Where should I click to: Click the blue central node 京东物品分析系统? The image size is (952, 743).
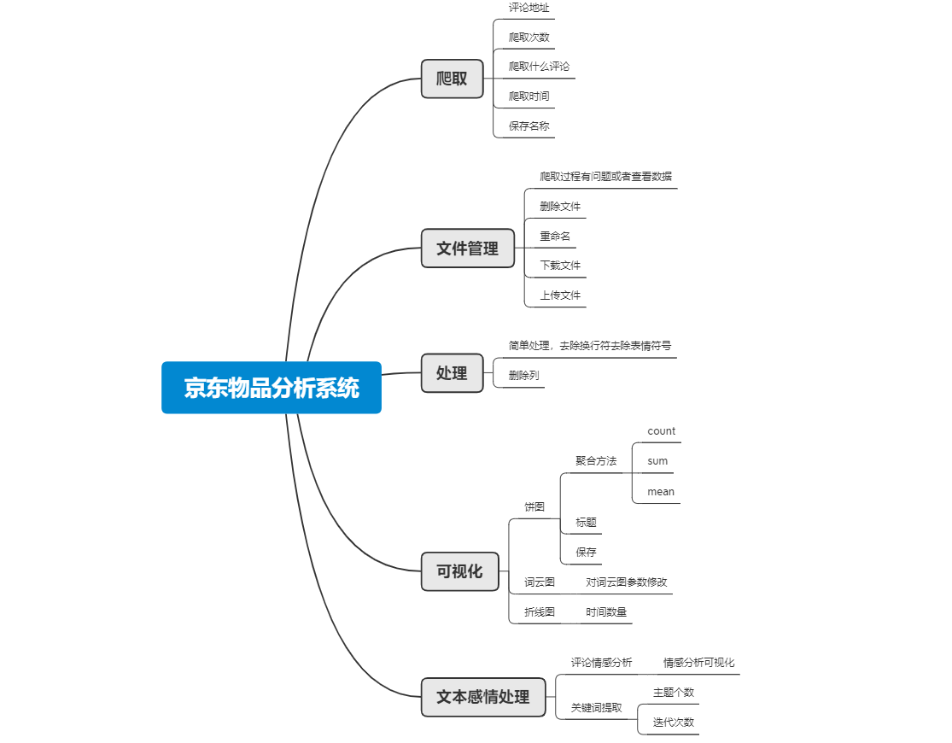pyautogui.click(x=272, y=388)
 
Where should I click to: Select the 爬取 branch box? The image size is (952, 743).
pyautogui.click(x=453, y=79)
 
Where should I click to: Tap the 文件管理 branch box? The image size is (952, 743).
pyautogui.click(x=468, y=248)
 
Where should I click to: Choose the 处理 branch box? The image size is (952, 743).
pyautogui.click(x=453, y=373)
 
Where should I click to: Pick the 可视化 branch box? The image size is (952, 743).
pyautogui.click(x=459, y=571)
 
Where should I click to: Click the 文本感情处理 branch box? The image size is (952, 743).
pyautogui.click(x=483, y=697)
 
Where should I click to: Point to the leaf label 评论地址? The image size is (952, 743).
pyautogui.click(x=529, y=8)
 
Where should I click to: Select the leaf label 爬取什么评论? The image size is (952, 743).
pyautogui.click(x=539, y=67)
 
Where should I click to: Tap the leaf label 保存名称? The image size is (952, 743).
pyautogui.click(x=529, y=126)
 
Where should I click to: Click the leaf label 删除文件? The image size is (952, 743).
pyautogui.click(x=560, y=207)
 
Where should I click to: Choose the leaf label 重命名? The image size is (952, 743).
pyautogui.click(x=555, y=236)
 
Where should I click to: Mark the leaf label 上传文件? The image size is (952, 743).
pyautogui.click(x=560, y=295)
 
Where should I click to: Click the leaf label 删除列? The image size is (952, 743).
pyautogui.click(x=523, y=376)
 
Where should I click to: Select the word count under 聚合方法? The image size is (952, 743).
pyautogui.click(x=661, y=431)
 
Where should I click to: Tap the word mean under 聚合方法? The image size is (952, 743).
pyautogui.click(x=661, y=491)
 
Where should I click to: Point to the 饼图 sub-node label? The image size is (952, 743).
pyautogui.click(x=534, y=506)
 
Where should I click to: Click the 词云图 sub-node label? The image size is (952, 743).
pyautogui.click(x=539, y=582)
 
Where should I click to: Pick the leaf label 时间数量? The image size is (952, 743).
pyautogui.click(x=606, y=611)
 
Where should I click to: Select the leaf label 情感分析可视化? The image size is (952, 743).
pyautogui.click(x=698, y=662)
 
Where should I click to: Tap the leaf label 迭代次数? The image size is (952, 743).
pyautogui.click(x=674, y=723)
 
